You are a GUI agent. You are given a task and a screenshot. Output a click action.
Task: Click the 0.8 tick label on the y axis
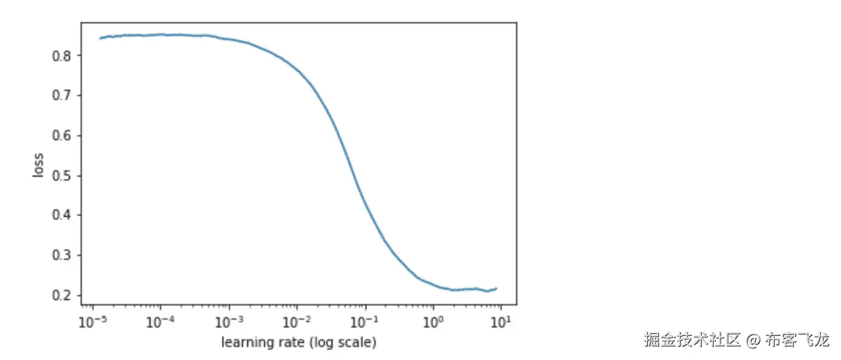pos(60,56)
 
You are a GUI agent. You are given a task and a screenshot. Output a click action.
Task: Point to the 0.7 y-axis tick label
pos(60,96)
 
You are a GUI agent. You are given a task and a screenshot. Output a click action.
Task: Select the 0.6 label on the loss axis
pos(60,136)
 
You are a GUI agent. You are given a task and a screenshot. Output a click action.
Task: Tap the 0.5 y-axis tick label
pos(60,175)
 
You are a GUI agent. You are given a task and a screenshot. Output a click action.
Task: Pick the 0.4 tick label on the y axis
pos(60,215)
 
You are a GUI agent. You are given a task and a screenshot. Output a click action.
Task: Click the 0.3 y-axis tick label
pos(60,255)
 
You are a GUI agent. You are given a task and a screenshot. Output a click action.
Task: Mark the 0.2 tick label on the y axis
pos(60,295)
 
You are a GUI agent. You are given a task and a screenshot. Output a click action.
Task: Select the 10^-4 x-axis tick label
pos(159,320)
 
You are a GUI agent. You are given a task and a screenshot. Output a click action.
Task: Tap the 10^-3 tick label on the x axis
pos(228,320)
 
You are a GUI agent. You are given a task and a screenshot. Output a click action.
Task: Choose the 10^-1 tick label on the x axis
pos(365,320)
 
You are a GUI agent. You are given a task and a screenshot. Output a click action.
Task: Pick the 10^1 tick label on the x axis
pos(500,320)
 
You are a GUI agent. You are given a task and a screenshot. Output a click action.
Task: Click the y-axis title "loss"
pos(39,166)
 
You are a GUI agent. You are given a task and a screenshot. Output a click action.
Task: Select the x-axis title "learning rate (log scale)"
pos(299,341)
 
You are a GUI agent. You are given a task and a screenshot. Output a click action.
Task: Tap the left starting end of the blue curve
pos(99,38)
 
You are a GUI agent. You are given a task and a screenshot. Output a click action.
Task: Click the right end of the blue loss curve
pos(497,289)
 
